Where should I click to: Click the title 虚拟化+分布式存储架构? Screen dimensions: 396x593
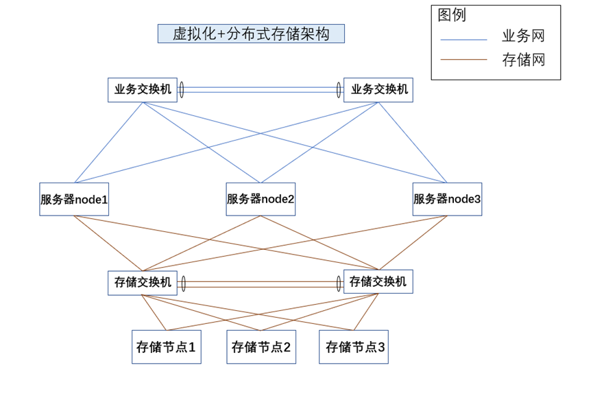click(251, 34)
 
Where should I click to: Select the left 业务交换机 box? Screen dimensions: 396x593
click(142, 90)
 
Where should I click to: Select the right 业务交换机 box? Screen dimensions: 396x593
click(378, 90)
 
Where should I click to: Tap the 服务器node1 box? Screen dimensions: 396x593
click(74, 199)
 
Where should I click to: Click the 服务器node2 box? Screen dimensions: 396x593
click(261, 199)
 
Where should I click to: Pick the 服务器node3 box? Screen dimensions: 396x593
click(447, 199)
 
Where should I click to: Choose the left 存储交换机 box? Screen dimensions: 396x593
click(142, 283)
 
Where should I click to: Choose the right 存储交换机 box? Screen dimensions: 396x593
click(378, 281)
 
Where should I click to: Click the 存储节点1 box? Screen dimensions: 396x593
click(167, 347)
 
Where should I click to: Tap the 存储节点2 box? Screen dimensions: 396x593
click(261, 347)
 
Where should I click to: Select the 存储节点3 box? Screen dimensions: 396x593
click(354, 347)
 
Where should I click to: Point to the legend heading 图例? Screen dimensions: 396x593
click(452, 15)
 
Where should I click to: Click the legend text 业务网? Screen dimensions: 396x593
click(523, 37)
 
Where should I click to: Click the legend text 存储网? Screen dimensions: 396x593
click(523, 60)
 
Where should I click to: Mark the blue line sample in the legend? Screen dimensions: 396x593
click(463, 40)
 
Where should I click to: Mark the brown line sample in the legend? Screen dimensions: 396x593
click(463, 60)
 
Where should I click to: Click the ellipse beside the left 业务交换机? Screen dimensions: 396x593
click(182, 90)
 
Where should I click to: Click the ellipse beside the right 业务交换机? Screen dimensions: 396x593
click(339, 90)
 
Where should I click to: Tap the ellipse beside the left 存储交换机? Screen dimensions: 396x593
click(182, 283)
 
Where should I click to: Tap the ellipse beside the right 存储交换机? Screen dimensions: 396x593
click(339, 283)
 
